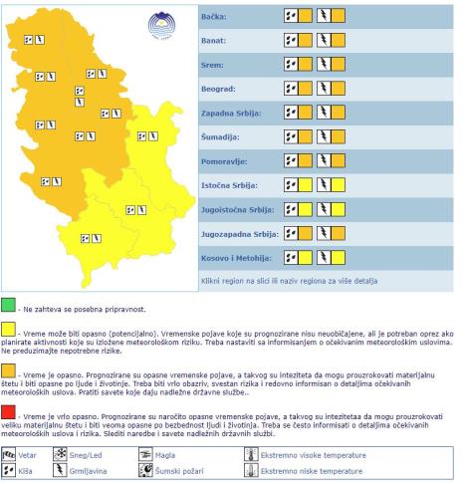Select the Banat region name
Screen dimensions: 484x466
[215, 41]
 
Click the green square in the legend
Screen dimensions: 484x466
[9, 303]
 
